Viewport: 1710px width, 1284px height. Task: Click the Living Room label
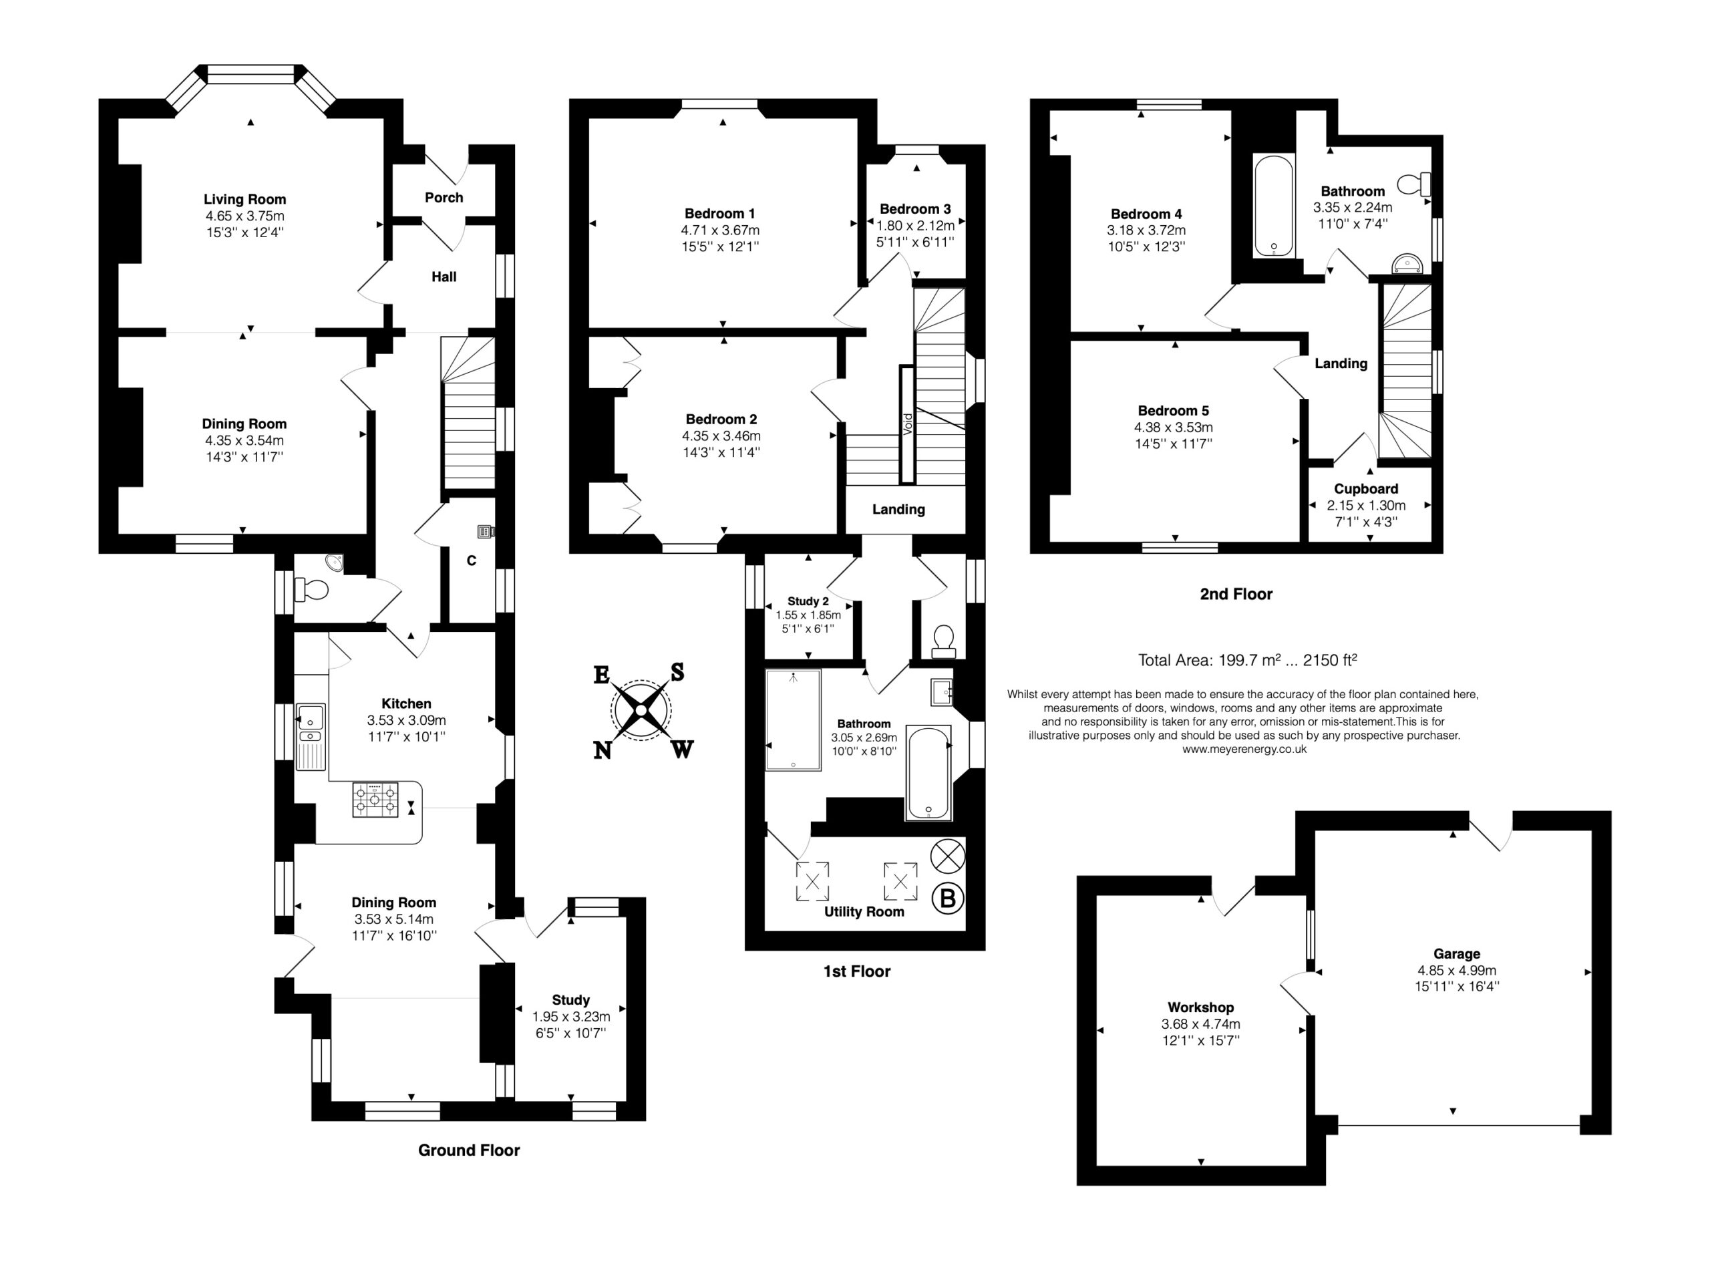pos(245,200)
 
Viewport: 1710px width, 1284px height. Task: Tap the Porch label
pos(444,198)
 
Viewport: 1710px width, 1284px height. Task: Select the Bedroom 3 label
pos(915,208)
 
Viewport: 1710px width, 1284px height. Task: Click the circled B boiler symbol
pos(948,899)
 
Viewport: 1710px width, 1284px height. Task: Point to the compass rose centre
pos(641,709)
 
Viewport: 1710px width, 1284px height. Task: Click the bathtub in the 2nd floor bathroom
pos(1273,206)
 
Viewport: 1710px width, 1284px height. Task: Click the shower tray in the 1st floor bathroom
pos(793,719)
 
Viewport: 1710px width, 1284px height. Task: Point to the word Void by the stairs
pos(908,423)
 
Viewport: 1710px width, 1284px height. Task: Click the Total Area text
pos(1248,660)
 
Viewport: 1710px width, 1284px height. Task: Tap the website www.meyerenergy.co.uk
pos(1244,749)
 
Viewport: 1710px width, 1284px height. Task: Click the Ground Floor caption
pos(468,1150)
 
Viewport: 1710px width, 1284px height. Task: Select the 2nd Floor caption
pos(1236,594)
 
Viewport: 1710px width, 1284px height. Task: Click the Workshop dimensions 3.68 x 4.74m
pos(1200,1024)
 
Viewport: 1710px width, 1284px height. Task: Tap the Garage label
pos(1456,954)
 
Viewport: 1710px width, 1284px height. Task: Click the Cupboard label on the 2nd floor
pos(1366,488)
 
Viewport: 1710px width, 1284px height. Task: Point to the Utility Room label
pos(864,911)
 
